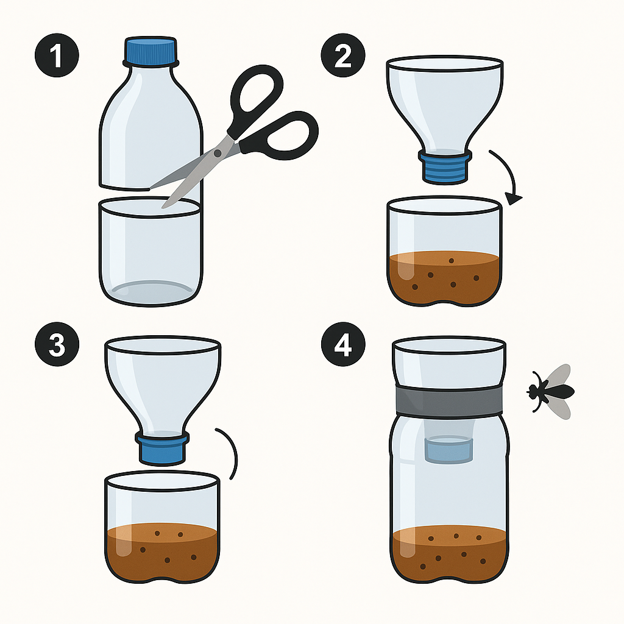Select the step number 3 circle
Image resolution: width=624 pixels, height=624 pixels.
(57, 345)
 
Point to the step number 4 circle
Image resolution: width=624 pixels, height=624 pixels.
(343, 345)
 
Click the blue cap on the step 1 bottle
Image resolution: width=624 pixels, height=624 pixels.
(151, 52)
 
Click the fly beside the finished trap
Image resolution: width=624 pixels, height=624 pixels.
(550, 391)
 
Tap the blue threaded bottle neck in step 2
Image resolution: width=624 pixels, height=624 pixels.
(444, 168)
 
